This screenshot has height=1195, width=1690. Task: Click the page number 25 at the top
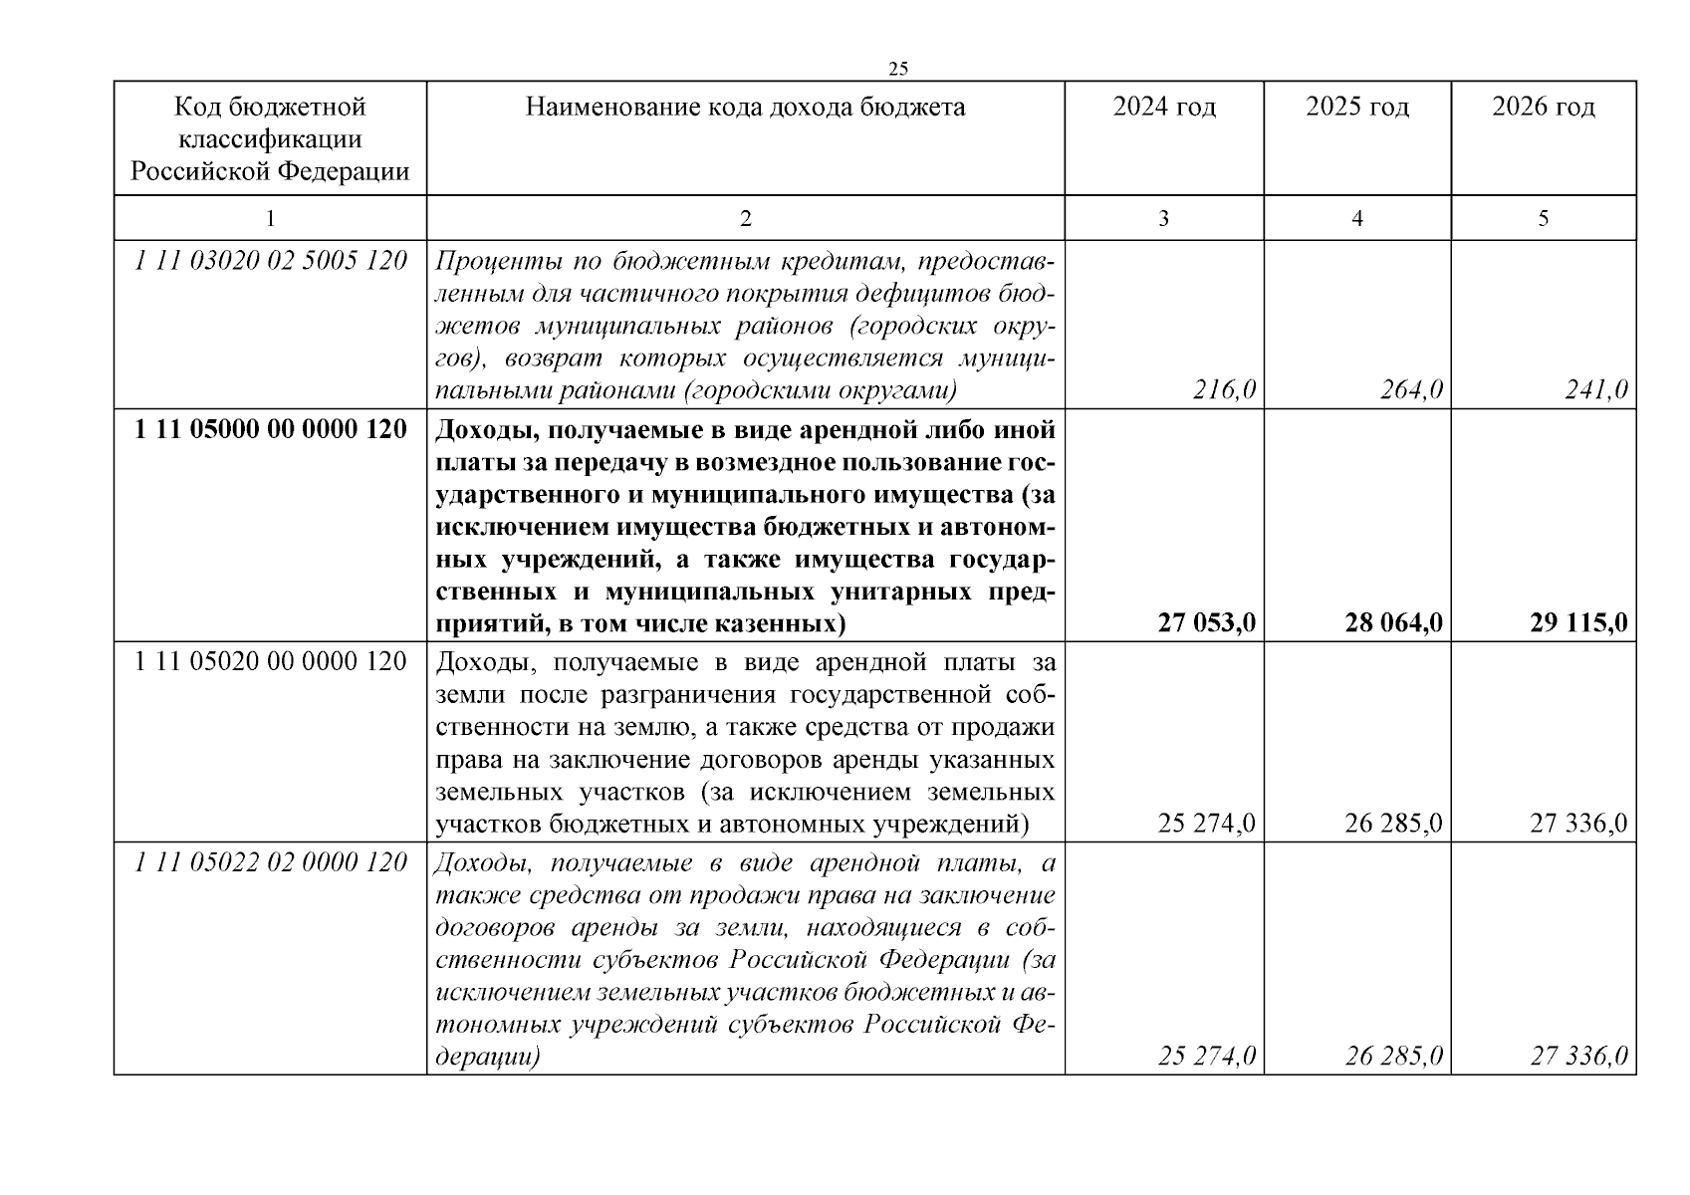[898, 69]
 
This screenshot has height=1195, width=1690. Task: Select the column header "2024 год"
[1164, 107]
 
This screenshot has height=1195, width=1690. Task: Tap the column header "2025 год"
[1357, 107]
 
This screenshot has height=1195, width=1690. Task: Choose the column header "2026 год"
[1543, 107]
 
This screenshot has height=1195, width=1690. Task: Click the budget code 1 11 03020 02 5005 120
[271, 261]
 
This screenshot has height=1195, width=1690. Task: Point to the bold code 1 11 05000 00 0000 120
[271, 430]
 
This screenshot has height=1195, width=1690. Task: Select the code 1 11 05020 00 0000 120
[271, 661]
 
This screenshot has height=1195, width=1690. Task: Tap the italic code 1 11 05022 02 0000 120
[271, 862]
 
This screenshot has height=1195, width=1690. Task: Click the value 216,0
[1224, 390]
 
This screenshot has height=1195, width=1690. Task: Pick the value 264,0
[1411, 390]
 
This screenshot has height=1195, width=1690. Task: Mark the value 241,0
[1596, 390]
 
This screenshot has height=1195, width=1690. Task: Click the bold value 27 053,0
[1206, 623]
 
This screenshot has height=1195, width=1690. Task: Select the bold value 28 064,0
[1393, 623]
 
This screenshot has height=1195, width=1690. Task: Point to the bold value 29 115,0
[1578, 623]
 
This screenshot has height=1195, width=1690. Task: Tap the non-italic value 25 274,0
[1207, 824]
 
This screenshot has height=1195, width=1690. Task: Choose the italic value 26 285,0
[1393, 1056]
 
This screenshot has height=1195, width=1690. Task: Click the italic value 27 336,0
[1579, 1056]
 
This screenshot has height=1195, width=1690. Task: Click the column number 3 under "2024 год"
[1163, 218]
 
